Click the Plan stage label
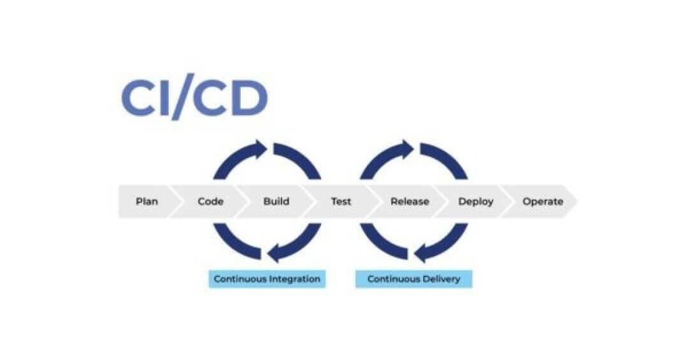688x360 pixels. (147, 201)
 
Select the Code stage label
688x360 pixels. (211, 201)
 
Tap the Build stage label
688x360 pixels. (276, 201)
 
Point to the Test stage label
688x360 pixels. (341, 201)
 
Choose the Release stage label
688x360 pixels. (410, 201)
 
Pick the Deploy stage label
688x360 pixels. (476, 201)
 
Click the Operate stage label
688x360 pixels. (543, 201)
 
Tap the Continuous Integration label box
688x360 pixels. (267, 279)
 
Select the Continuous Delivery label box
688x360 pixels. (414, 279)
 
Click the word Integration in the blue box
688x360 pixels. (294, 279)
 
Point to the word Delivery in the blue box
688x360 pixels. (441, 279)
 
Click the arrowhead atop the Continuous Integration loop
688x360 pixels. (260, 149)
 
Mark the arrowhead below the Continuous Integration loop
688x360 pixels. (275, 254)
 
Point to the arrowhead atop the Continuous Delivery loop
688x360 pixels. (406, 149)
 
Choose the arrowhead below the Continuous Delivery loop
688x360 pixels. (422, 254)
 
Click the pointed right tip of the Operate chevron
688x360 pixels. (577, 201)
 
